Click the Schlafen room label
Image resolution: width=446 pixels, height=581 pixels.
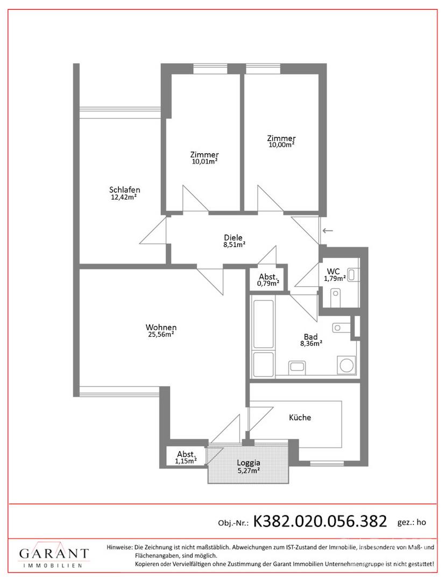point(124,190)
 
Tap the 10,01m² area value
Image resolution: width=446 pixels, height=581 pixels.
point(204,161)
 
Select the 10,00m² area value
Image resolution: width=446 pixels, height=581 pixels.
point(281,145)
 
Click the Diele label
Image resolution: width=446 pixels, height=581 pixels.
point(233,238)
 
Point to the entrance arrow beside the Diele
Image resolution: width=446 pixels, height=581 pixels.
point(328,231)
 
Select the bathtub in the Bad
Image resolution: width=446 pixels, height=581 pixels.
point(264,324)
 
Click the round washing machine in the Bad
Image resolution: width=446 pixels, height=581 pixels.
point(347,365)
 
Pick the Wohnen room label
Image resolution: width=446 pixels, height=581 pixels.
point(161,328)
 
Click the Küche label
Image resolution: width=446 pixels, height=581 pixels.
point(300,417)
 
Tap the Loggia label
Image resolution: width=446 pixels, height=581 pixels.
point(249,463)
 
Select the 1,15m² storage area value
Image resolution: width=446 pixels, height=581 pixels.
point(186,462)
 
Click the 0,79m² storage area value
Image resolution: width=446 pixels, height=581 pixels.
point(268,284)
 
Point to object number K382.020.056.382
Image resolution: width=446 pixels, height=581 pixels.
point(320,521)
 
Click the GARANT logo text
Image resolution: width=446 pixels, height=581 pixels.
point(54,554)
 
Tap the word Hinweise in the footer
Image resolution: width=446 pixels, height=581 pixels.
point(119,547)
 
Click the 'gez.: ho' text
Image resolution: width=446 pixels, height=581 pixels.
point(412,522)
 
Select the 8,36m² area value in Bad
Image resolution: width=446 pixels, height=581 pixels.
point(311,343)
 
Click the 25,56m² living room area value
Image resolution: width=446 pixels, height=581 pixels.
point(161,334)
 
